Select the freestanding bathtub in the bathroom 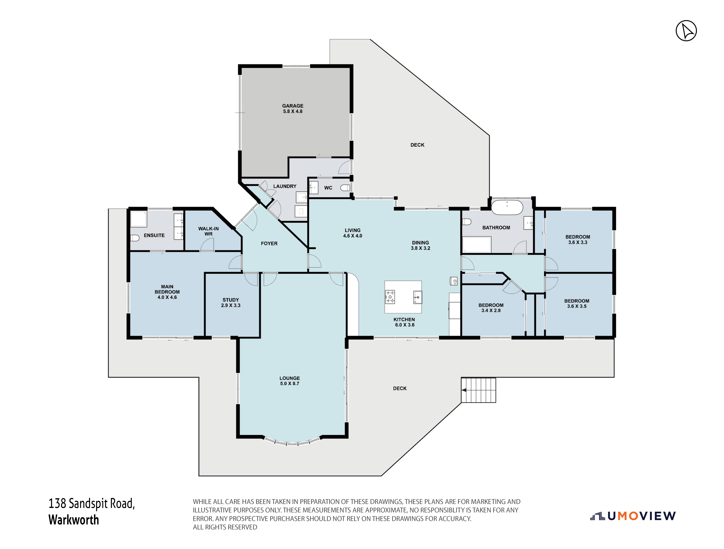point(507,207)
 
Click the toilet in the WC point(345,188)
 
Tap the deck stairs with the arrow point(478,390)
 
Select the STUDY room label point(231,300)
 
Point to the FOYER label point(269,244)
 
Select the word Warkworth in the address point(74,520)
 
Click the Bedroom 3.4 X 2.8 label point(491,308)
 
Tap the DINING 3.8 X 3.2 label point(421,246)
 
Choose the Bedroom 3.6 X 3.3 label point(578,240)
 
